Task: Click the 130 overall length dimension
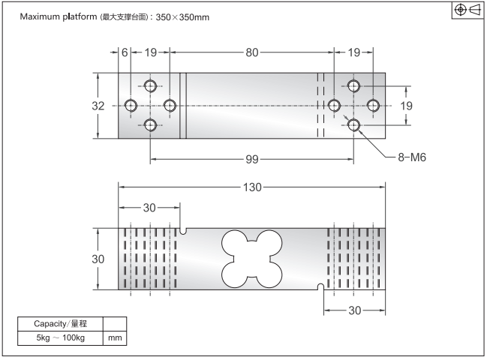(x=252, y=187)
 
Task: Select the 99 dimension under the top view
(x=251, y=160)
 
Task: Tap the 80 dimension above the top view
(x=251, y=53)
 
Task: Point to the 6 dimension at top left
(x=125, y=53)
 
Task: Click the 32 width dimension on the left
(x=98, y=106)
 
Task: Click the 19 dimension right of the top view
(x=406, y=106)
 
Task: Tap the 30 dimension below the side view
(x=354, y=310)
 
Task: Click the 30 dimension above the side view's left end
(x=149, y=208)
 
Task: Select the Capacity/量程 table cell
(x=61, y=323)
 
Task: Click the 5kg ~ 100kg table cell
(x=61, y=338)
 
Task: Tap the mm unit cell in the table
(x=116, y=338)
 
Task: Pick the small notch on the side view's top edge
(x=182, y=230)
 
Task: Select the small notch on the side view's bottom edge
(x=321, y=286)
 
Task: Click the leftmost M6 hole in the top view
(x=131, y=106)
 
